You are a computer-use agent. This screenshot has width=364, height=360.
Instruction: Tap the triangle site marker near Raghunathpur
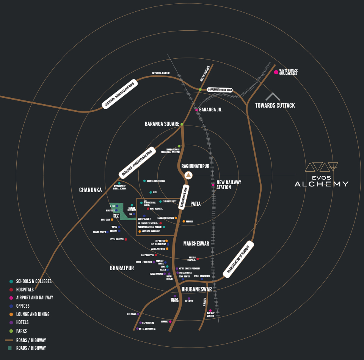click(188, 175)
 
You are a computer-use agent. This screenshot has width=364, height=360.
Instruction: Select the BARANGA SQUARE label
click(162, 124)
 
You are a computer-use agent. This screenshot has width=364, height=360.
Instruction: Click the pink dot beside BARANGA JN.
click(196, 110)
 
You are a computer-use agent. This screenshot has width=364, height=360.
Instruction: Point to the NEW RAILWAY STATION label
click(229, 185)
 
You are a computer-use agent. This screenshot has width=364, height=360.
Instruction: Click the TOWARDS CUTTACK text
click(275, 105)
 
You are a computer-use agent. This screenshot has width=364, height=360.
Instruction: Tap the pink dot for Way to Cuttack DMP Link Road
click(276, 72)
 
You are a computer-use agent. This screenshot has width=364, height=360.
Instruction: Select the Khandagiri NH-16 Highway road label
click(238, 259)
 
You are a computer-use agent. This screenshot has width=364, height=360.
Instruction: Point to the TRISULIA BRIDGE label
click(161, 73)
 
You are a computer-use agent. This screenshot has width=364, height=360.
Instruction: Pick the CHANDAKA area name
click(90, 190)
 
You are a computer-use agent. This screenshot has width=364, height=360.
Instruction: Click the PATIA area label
click(195, 204)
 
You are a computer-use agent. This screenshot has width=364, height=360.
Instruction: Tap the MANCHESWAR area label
click(196, 244)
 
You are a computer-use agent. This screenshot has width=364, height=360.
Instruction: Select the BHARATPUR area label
click(122, 268)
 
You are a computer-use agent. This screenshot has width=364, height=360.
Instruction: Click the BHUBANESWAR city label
click(196, 289)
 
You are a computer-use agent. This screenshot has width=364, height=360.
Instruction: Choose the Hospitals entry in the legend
click(25, 290)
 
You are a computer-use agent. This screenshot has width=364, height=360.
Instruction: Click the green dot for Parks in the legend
click(11, 331)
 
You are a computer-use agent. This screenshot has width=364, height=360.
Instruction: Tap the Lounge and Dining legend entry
click(33, 314)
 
